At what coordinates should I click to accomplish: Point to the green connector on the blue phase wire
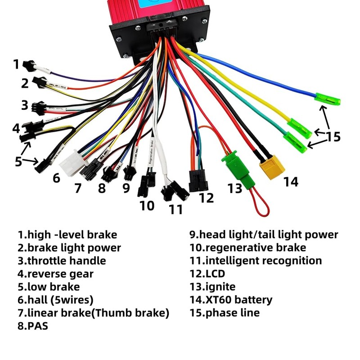coord(327,98)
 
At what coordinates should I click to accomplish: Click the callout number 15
coord(333,136)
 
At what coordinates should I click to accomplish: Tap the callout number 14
coord(291,181)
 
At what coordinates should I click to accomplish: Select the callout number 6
coord(56,178)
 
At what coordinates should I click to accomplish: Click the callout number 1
coord(16,64)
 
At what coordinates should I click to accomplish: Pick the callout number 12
coord(206,198)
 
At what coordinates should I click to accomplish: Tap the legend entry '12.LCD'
coord(207,273)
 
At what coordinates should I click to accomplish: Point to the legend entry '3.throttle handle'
coord(62,261)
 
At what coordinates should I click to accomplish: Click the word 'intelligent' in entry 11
coord(232,261)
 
